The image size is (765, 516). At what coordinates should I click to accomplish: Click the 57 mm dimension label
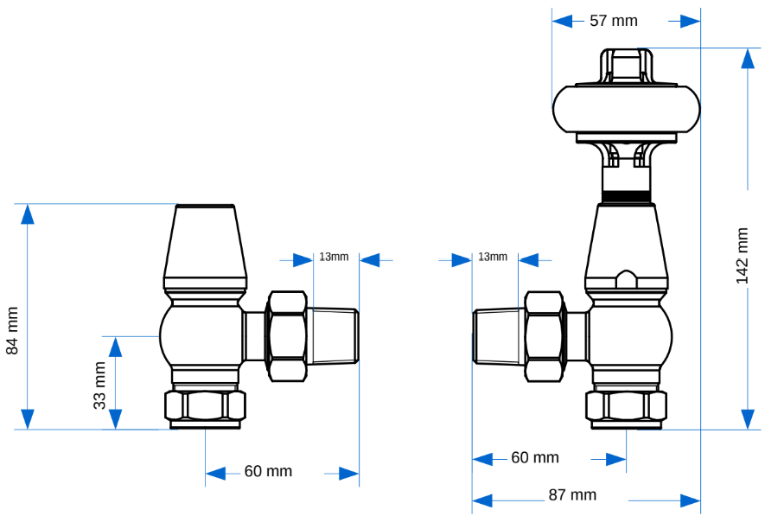tap(614, 20)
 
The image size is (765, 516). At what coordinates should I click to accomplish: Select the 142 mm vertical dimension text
tap(743, 256)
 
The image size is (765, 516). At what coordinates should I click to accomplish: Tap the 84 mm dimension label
tap(12, 330)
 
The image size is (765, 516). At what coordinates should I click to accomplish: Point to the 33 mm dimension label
tap(99, 385)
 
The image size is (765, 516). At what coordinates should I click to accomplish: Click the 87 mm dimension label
tap(572, 495)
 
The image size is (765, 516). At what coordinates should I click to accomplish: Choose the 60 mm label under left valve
tap(268, 471)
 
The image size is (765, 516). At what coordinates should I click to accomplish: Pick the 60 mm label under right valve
tap(535, 457)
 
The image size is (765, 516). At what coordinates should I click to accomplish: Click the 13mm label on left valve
tap(334, 257)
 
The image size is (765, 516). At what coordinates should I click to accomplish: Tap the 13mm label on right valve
tap(493, 257)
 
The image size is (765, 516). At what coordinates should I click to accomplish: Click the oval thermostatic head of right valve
tap(626, 108)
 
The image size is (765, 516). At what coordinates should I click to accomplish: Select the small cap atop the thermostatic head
tap(627, 66)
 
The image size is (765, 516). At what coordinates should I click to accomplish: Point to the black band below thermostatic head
tap(627, 195)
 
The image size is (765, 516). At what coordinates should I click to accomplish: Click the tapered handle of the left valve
tap(205, 246)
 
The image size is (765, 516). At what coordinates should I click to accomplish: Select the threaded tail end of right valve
tap(499, 335)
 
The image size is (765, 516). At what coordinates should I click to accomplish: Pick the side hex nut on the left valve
tap(287, 335)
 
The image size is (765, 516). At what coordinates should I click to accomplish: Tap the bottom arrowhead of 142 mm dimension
tap(748, 418)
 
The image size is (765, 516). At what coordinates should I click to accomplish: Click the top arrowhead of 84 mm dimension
tap(28, 214)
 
